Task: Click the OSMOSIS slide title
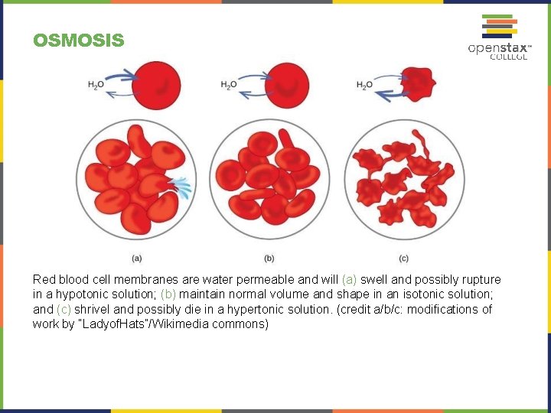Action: pos(78,40)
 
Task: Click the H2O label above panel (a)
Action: pos(96,85)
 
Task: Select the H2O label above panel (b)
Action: pos(228,85)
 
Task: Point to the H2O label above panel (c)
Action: pos(364,85)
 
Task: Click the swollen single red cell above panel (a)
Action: pos(156,83)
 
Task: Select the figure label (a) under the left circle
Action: pos(136,258)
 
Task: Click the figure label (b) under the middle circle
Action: pos(269,258)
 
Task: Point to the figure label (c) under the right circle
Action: pos(403,258)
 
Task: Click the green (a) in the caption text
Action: pos(349,280)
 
